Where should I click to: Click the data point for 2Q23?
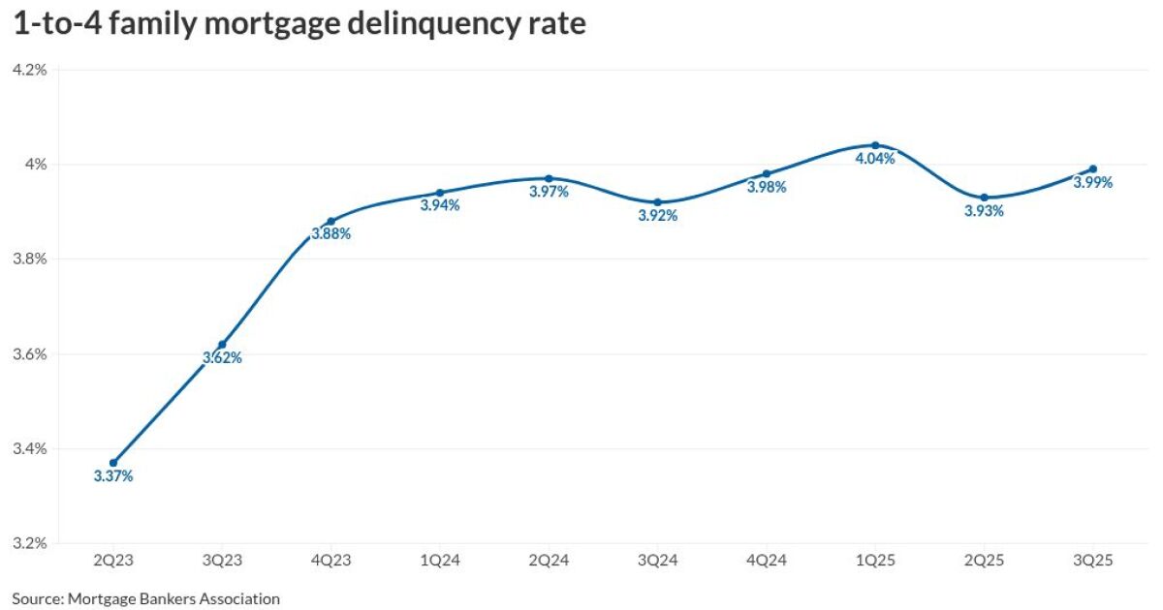pyautogui.click(x=113, y=463)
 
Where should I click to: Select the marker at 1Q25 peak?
pyautogui.click(x=875, y=145)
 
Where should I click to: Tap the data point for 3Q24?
pyautogui.click(x=657, y=202)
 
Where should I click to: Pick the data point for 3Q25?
pyautogui.click(x=1093, y=168)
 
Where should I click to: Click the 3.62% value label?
pyautogui.click(x=222, y=358)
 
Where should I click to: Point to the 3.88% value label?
pyautogui.click(x=330, y=234)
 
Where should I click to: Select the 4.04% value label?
pyautogui.click(x=875, y=159)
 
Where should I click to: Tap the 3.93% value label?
pyautogui.click(x=984, y=211)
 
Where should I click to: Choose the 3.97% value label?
pyautogui.click(x=549, y=192)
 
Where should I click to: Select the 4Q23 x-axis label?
pyautogui.click(x=330, y=561)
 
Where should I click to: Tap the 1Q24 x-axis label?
pyautogui.click(x=439, y=561)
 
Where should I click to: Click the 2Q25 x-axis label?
pyautogui.click(x=984, y=561)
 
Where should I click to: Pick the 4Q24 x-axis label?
pyautogui.click(x=766, y=561)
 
